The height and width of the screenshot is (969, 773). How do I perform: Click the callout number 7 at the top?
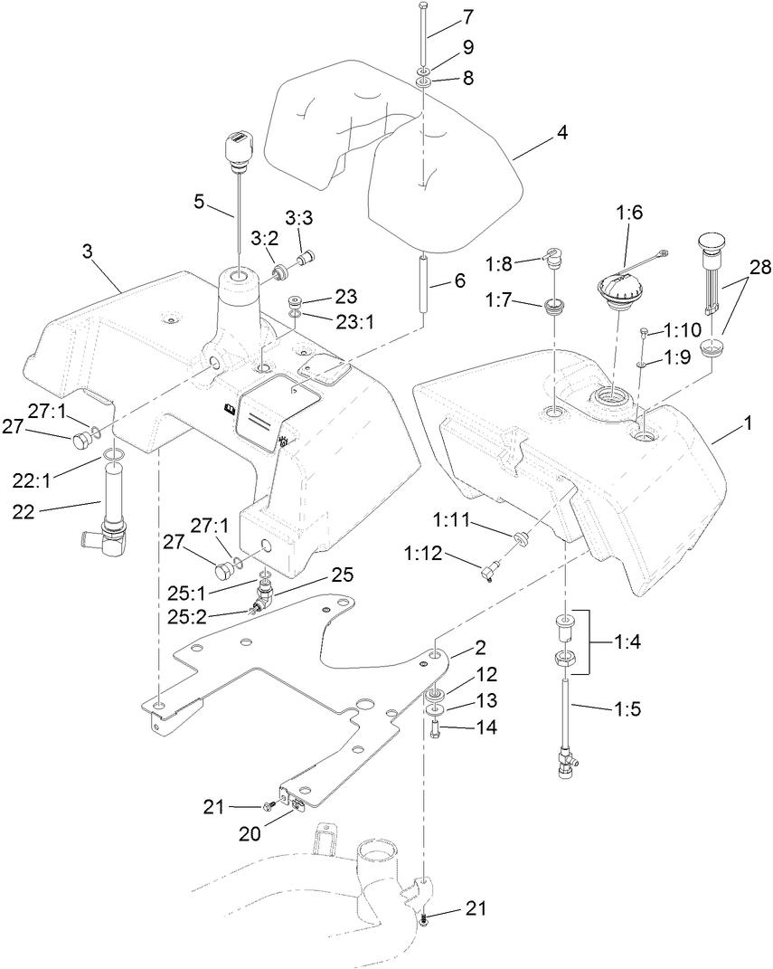tap(467, 18)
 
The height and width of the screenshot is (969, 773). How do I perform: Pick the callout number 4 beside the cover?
tap(561, 133)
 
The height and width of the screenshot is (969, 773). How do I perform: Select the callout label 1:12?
tap(451, 552)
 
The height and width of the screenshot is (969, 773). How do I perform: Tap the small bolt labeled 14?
tap(433, 727)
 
